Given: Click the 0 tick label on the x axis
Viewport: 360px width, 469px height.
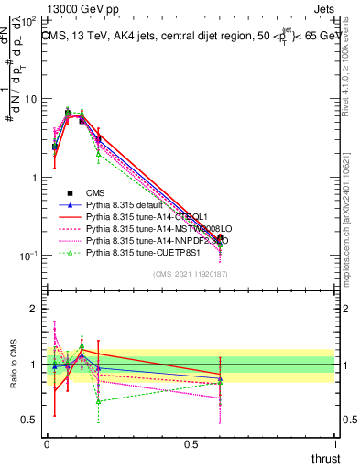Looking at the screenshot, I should tap(47, 444).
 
